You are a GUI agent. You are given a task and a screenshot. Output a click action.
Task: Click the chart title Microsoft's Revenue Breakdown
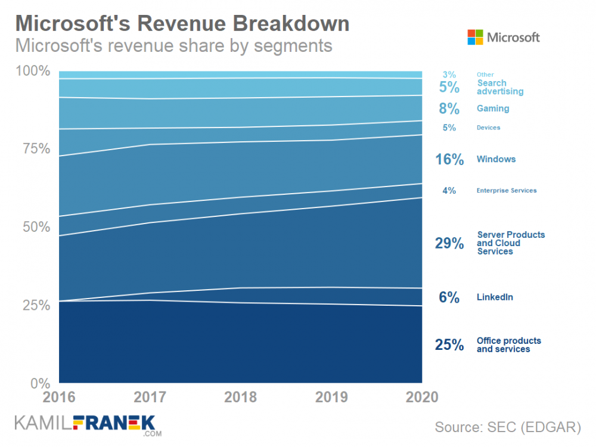click(182, 23)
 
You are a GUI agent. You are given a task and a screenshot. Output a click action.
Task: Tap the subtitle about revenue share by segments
click(173, 45)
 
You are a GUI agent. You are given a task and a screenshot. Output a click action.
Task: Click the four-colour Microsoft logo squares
click(475, 37)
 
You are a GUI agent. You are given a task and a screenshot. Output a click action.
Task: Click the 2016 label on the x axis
click(59, 398)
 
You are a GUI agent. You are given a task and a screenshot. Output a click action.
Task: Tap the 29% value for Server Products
click(449, 243)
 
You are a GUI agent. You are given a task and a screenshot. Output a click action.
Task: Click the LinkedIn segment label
click(495, 297)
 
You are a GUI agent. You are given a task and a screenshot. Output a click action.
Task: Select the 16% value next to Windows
click(449, 159)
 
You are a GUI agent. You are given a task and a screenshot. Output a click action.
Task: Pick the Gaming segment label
click(493, 108)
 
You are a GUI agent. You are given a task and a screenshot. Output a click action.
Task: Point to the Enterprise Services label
click(507, 191)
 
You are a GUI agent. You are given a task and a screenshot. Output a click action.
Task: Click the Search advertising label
click(500, 87)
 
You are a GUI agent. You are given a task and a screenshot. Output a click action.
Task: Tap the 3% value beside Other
click(449, 74)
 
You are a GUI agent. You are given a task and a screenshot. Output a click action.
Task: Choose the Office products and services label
click(509, 344)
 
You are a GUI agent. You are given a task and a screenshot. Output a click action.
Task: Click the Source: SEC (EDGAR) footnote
click(507, 427)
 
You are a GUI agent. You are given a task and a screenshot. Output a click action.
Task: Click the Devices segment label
click(488, 128)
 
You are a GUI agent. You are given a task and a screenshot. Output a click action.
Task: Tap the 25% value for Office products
click(449, 344)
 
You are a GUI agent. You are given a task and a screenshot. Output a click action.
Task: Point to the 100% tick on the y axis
click(34, 71)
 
